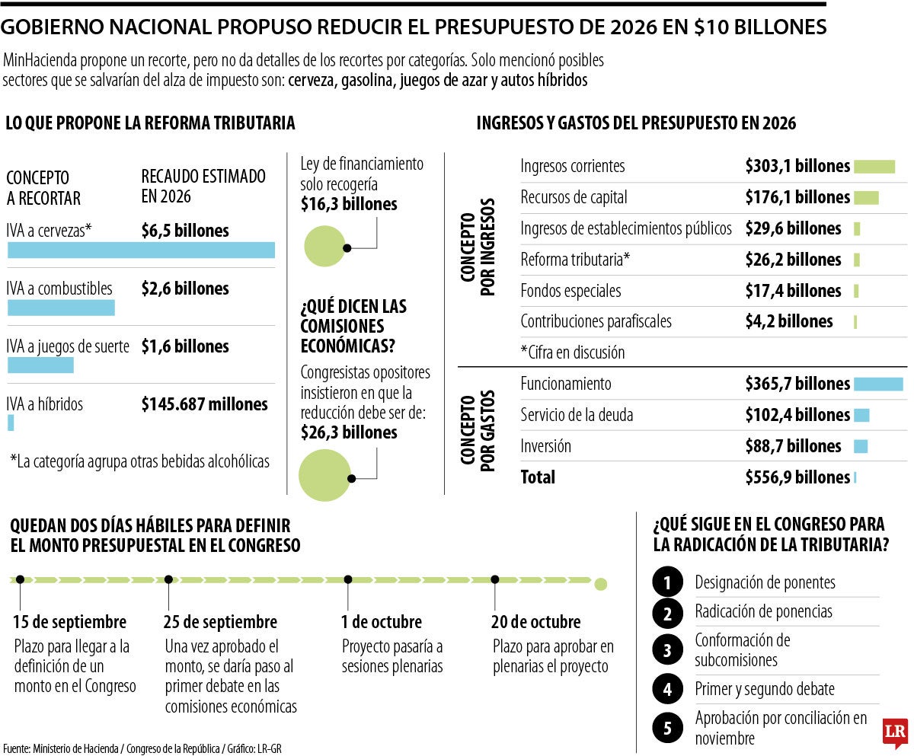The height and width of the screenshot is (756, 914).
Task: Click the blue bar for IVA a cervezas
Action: point(141,250)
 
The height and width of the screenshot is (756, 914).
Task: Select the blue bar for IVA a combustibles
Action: point(61,308)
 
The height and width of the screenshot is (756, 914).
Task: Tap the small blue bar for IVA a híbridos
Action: point(11,423)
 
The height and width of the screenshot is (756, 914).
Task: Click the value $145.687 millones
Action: point(204,404)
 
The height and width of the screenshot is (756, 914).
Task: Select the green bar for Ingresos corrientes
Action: point(874,167)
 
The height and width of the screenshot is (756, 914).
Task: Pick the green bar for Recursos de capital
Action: point(866,198)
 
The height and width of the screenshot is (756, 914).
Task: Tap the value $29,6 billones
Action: point(793,228)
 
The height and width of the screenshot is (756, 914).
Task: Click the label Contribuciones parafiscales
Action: point(596,321)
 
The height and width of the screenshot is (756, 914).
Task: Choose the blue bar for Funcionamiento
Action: point(878,384)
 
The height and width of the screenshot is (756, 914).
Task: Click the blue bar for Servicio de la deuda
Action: point(861,415)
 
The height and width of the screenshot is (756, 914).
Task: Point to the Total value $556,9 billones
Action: point(797,477)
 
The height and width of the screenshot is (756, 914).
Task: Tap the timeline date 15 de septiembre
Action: point(70,622)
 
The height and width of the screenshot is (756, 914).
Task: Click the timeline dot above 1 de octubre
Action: point(347,580)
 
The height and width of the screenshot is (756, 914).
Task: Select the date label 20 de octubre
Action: point(535,622)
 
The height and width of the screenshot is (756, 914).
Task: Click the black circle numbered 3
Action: point(668,650)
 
